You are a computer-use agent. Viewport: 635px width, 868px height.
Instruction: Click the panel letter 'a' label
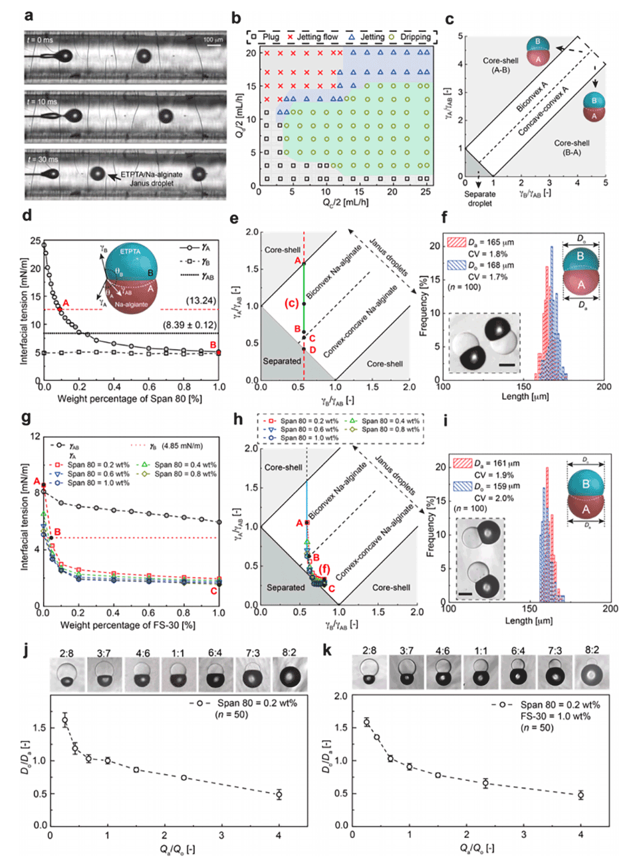click(x=29, y=15)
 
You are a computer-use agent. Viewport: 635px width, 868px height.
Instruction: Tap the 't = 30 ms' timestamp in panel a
click(x=42, y=160)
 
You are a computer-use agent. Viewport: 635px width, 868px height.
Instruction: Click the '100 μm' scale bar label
click(x=213, y=40)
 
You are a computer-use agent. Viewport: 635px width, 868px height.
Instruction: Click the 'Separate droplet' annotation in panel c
click(x=479, y=198)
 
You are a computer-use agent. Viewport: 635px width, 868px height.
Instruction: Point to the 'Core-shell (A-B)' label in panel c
click(x=500, y=65)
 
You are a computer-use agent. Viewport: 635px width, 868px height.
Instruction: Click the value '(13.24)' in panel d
click(x=201, y=301)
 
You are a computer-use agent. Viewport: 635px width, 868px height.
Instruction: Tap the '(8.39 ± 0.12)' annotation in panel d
click(x=190, y=325)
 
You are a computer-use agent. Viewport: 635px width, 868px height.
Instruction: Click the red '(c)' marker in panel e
click(x=291, y=303)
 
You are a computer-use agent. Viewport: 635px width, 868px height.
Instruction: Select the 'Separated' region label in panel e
click(x=281, y=361)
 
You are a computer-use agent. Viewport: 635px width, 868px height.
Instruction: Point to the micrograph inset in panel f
click(x=484, y=343)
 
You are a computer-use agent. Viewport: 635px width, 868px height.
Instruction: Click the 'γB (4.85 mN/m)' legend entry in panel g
click(x=176, y=446)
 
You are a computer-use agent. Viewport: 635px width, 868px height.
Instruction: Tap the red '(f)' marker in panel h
click(x=324, y=569)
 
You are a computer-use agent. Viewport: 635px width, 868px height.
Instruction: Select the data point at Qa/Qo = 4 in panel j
click(x=279, y=794)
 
